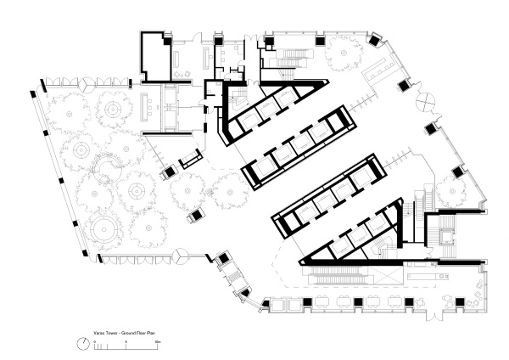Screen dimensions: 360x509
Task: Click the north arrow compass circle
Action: click(x=86, y=342)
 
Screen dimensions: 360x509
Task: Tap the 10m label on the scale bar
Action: click(x=157, y=340)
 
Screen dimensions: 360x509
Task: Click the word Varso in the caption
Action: click(x=99, y=330)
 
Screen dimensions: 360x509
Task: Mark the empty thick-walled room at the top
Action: click(x=155, y=59)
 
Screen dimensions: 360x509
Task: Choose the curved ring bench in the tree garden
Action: click(x=106, y=167)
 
